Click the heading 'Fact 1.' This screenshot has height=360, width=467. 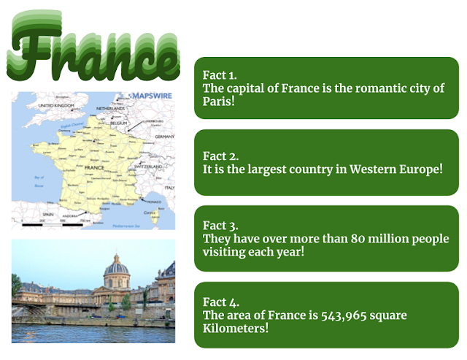[220, 75]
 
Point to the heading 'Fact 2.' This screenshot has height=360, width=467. [220, 156]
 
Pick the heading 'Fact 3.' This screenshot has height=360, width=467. [220, 226]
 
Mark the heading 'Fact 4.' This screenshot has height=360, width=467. [220, 302]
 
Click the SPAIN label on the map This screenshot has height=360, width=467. [49, 215]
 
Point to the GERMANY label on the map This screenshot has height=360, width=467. [165, 137]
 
